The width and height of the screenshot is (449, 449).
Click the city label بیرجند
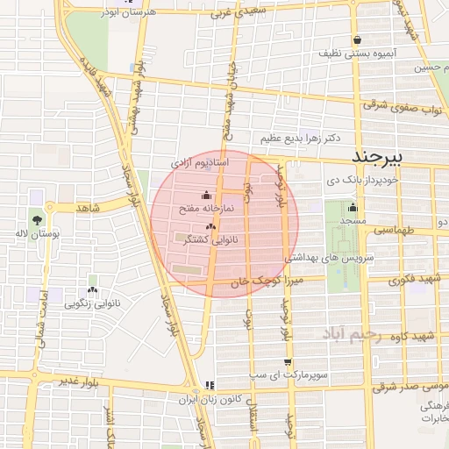[x=380, y=156]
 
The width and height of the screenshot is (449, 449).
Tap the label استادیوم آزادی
[x=200, y=164]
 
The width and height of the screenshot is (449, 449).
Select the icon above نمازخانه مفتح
[x=207, y=195]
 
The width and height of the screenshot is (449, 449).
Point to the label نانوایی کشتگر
[x=214, y=239]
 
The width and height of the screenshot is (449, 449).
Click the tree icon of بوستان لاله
[x=37, y=219]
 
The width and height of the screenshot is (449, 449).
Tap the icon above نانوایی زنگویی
[x=92, y=289]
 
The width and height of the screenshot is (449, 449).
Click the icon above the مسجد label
[x=353, y=208]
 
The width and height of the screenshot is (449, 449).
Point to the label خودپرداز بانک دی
[x=362, y=180]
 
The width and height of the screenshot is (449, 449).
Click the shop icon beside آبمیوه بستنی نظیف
[x=358, y=39]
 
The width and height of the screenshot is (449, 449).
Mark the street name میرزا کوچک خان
[x=266, y=282]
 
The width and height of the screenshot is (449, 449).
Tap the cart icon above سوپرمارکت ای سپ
[x=288, y=361]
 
